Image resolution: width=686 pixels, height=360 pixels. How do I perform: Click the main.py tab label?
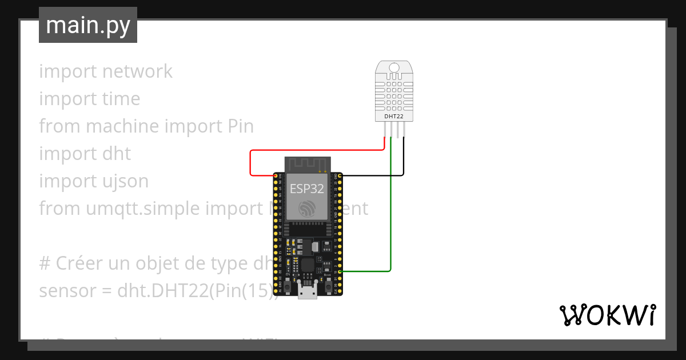87,25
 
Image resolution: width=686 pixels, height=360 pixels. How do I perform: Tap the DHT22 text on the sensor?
394,116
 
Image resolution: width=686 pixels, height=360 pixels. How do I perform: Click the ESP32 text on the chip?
307,189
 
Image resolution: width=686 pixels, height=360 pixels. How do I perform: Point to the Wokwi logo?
607,315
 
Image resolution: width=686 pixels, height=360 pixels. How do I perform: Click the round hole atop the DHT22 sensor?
394,68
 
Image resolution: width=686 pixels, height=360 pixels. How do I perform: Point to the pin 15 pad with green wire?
340,271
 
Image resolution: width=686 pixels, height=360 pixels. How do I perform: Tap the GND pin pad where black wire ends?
340,175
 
